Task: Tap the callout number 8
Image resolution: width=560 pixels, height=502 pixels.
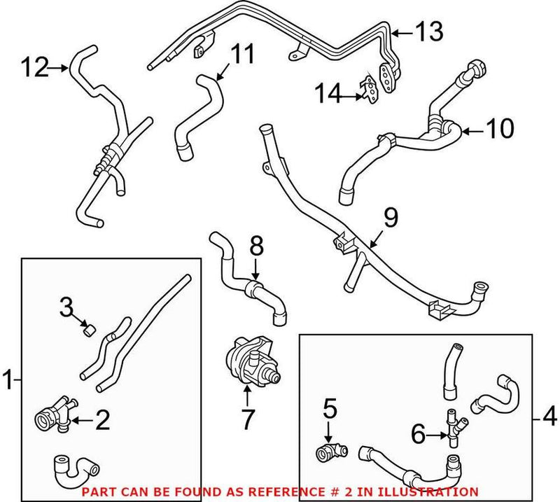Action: coord(256,246)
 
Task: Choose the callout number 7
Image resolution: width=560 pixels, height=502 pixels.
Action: coord(248,421)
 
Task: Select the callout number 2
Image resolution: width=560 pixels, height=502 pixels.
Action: coord(102,420)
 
